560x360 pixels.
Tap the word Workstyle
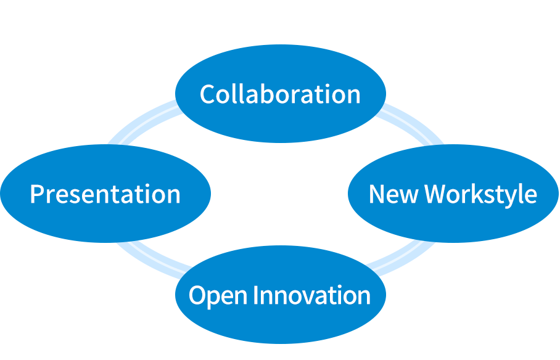pos(480,194)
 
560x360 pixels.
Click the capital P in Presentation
pos(36,194)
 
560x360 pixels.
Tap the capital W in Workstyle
pos(437,194)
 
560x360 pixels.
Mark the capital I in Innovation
pos(258,295)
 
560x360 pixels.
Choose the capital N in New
pos(376,194)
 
